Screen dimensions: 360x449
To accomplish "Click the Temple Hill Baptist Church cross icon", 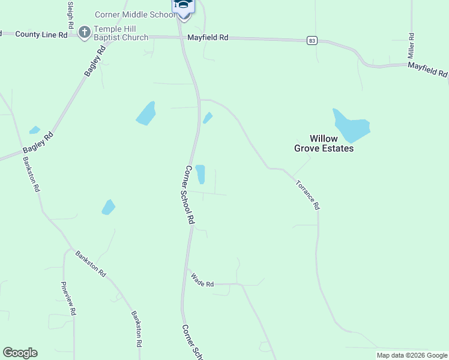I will (85, 31).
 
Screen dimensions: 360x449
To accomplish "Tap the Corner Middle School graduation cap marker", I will (183, 6).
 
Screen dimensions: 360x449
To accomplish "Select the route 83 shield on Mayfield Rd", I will (311, 40).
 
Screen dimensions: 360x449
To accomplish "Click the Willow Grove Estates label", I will (324, 143).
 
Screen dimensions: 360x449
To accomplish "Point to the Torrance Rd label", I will (307, 194).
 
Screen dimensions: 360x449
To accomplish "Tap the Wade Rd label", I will (202, 280).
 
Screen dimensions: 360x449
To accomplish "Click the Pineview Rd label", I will (68, 299).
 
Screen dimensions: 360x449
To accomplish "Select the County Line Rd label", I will (41, 35).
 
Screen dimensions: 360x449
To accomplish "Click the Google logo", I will (20, 353).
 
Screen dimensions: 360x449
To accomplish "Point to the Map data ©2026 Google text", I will (411, 355).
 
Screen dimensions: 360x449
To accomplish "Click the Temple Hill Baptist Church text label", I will (121, 33).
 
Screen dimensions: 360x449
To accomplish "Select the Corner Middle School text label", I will (134, 14).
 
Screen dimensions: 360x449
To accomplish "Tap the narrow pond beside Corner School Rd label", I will (200, 174).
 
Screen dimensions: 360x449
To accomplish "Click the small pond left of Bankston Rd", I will (34, 130).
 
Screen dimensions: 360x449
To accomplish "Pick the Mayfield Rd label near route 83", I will (208, 37).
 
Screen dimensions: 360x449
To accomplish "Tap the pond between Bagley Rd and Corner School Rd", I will (146, 113).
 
